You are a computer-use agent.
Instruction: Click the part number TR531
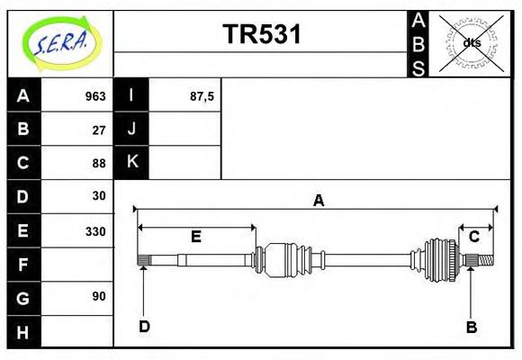click(x=261, y=34)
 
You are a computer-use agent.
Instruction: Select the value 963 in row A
click(x=94, y=96)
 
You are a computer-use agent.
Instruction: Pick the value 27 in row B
click(x=99, y=130)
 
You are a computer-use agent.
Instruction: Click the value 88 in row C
click(x=99, y=163)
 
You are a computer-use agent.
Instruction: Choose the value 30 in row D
click(x=99, y=195)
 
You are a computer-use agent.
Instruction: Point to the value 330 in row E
click(x=94, y=230)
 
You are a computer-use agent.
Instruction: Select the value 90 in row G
click(x=99, y=296)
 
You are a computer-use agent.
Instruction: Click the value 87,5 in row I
click(x=202, y=96)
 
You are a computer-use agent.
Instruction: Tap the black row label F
click(x=23, y=265)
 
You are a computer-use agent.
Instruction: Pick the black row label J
click(x=131, y=129)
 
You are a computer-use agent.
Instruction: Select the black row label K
click(x=131, y=162)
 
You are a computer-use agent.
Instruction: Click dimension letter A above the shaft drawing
click(x=318, y=201)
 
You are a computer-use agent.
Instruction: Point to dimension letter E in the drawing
click(x=195, y=238)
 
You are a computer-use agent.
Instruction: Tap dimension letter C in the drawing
click(x=473, y=237)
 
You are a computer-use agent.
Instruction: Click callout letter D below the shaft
click(x=144, y=327)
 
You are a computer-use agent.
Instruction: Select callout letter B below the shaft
click(x=471, y=327)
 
